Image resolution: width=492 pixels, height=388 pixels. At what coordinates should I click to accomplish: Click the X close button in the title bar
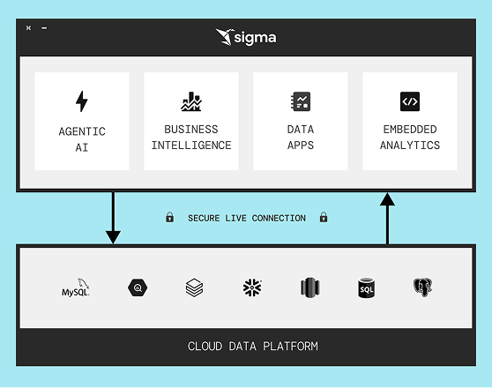[28, 28]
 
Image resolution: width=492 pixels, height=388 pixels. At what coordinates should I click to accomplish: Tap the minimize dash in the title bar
[44, 28]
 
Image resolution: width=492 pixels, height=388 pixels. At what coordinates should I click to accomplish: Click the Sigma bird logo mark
[225, 37]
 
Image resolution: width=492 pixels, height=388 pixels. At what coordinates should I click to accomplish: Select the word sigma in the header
[255, 38]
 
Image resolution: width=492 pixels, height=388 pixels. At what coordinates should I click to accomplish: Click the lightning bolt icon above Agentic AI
[82, 101]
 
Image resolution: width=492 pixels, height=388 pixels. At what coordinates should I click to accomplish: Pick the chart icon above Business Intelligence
[191, 101]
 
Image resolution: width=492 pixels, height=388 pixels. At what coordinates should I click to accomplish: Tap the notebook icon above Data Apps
[301, 101]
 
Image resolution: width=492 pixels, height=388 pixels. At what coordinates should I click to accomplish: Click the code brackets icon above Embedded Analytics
[410, 101]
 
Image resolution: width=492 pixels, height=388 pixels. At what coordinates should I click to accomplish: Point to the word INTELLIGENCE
[191, 145]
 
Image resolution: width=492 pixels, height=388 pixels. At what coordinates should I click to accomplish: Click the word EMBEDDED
[410, 130]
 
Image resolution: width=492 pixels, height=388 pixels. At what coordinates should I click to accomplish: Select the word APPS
[301, 145]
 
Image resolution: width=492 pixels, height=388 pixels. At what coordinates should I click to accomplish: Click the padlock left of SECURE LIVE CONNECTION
[170, 217]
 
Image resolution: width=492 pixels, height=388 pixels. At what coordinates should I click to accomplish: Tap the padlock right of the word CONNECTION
[324, 217]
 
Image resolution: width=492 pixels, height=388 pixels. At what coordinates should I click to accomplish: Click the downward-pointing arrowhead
[113, 237]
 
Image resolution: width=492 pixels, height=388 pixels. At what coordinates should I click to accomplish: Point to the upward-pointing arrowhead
[387, 199]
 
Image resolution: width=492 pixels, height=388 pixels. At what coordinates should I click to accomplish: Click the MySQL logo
[76, 287]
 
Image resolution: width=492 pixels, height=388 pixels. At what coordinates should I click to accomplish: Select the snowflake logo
[252, 287]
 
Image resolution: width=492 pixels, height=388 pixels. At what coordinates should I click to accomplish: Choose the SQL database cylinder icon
[366, 287]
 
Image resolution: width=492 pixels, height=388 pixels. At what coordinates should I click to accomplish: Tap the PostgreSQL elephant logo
[422, 287]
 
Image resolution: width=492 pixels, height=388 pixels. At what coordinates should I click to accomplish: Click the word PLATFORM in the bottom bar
[290, 347]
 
